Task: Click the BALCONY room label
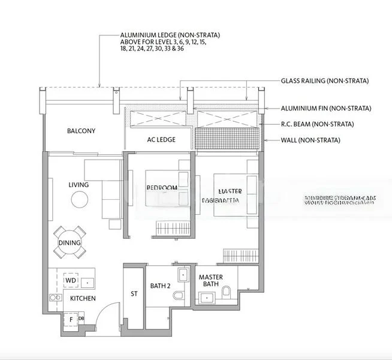click(x=81, y=131)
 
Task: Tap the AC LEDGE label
click(x=161, y=140)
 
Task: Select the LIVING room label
click(x=79, y=185)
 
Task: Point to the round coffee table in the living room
click(x=79, y=200)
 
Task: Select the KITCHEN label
click(x=83, y=298)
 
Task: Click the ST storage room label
click(x=134, y=294)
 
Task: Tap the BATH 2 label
click(x=161, y=286)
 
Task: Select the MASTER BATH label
click(x=210, y=281)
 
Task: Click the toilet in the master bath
click(x=227, y=292)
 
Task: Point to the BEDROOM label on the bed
click(x=162, y=188)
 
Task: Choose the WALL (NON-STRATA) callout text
click(x=310, y=140)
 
